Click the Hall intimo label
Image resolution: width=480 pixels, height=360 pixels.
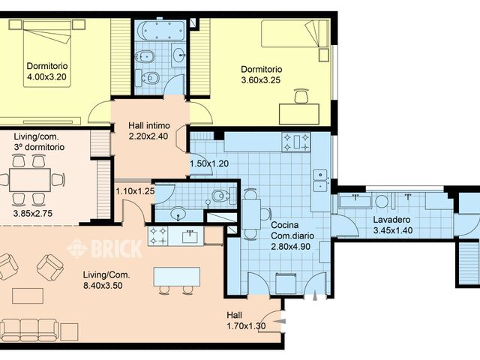click(148, 126)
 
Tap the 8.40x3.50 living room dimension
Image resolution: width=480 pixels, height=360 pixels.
click(103, 286)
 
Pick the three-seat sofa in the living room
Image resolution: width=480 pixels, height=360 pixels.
click(30, 330)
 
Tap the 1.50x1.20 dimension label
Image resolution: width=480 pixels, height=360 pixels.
click(209, 163)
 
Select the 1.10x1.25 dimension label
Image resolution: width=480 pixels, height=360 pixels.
click(135, 191)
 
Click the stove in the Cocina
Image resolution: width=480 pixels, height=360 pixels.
click(296, 142)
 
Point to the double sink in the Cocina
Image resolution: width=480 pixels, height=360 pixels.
click(320, 180)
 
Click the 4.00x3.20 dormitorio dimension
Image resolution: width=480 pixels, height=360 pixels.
click(46, 76)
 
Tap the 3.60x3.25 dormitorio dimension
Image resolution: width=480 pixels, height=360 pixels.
click(261, 80)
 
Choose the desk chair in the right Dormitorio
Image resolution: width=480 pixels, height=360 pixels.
click(301, 96)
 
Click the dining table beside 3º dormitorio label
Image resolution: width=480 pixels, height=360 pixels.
click(30, 180)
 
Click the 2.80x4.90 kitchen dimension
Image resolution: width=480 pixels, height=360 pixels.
click(291, 246)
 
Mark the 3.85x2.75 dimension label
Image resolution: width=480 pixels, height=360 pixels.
click(33, 213)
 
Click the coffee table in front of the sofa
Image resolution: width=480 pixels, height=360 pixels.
click(28, 295)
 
